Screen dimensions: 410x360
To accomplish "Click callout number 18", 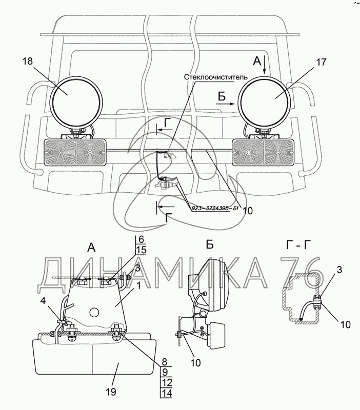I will point(28,61).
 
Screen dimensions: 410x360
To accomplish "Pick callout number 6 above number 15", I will point(142,240).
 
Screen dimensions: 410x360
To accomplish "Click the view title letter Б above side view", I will point(210,244).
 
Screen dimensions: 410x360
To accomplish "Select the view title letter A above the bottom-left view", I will point(92,248).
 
